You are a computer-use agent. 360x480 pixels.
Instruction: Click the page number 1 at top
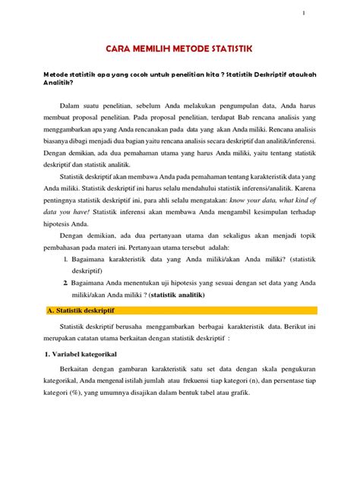click(305, 14)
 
